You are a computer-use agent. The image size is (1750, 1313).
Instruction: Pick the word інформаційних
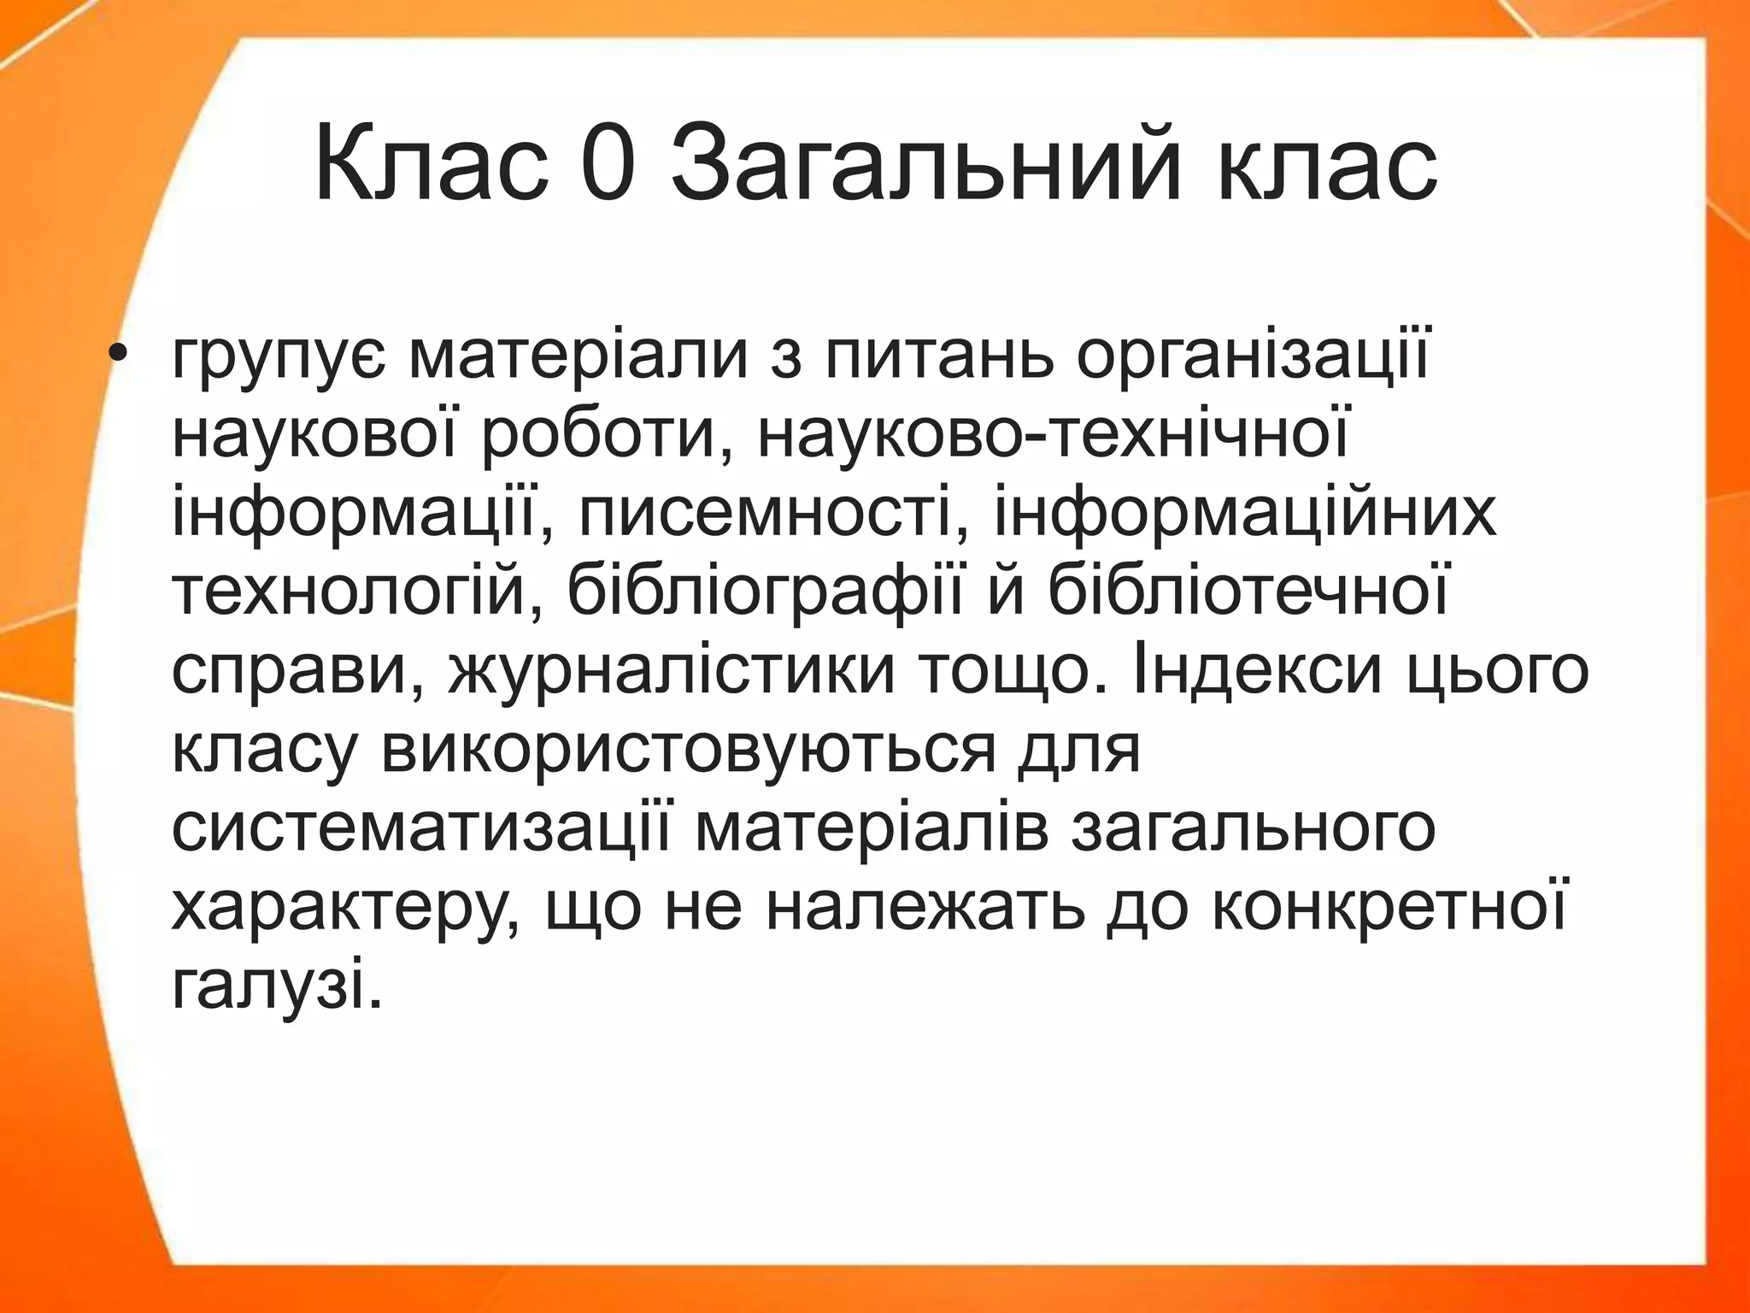pos(1245,511)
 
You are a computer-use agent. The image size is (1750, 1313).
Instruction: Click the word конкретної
pos(1390,905)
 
